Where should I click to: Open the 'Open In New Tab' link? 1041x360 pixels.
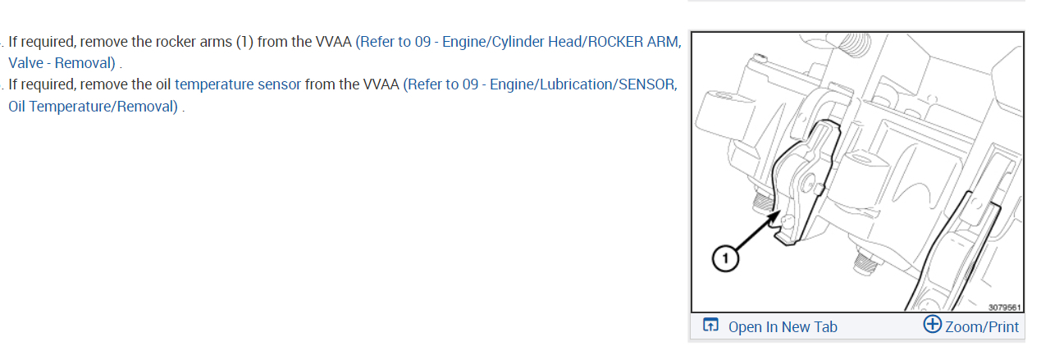click(783, 326)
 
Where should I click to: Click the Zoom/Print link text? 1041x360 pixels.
click(982, 326)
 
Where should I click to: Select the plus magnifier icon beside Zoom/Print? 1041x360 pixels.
click(933, 325)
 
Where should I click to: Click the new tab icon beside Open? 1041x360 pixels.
click(710, 326)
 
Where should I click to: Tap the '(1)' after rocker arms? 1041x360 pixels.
click(244, 42)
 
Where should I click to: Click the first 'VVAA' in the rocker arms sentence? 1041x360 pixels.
click(334, 42)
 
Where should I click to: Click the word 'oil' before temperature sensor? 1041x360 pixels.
click(160, 84)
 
